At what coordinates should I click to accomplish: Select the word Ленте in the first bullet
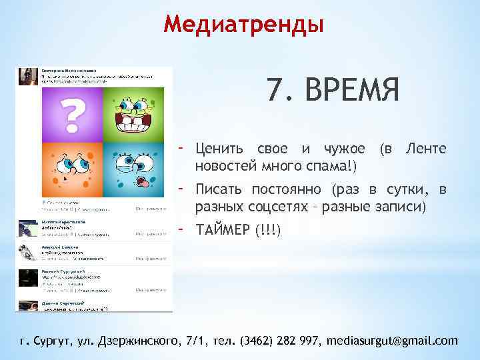click(x=426, y=147)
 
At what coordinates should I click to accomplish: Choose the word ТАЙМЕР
click(x=222, y=231)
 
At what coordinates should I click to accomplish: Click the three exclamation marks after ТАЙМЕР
click(x=268, y=231)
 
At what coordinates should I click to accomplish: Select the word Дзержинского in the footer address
click(x=139, y=341)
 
